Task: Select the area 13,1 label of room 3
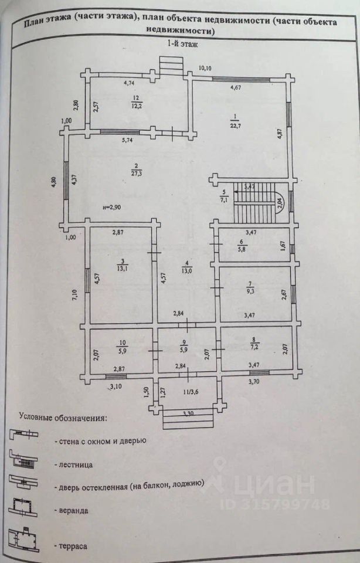coord(121,269)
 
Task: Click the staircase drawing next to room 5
coord(255,203)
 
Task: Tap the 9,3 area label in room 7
coord(250,290)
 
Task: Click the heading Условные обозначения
coord(63,418)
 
